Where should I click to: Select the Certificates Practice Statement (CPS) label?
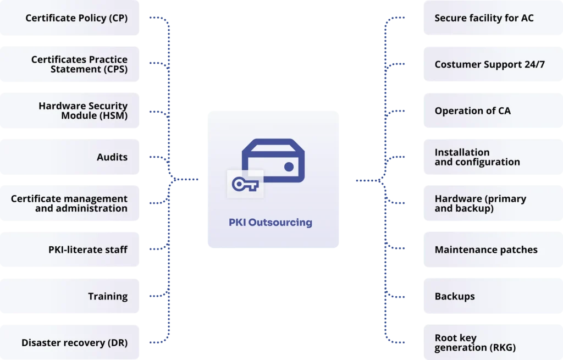coord(79,64)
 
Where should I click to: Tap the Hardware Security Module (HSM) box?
coord(82,110)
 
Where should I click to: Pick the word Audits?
coord(112,157)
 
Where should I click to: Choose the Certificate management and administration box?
coord(69,203)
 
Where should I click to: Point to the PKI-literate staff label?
coord(88,250)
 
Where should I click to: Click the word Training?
coord(108,296)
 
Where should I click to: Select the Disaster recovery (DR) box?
coord(74,342)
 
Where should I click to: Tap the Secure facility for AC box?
coord(484,18)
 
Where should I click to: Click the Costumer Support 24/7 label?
coord(489,64)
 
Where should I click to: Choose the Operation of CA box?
coord(472,111)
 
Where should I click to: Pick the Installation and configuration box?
coord(477,157)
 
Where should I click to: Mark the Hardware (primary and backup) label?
coord(480,203)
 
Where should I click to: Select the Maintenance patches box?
coord(486,250)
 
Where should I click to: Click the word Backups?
coord(455,296)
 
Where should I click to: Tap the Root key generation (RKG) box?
coord(475,342)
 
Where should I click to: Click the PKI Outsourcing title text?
coord(271,223)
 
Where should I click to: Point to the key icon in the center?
coord(245,184)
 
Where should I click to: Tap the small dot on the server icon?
coord(288,167)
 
